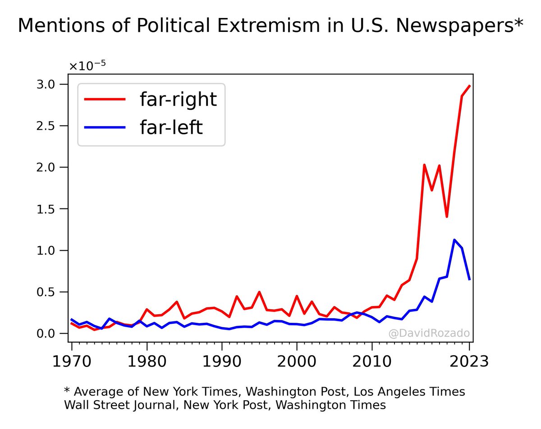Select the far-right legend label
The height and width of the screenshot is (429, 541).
[x=178, y=99]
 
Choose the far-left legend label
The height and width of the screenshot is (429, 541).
[x=171, y=128]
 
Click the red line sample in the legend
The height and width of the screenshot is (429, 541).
[x=105, y=99]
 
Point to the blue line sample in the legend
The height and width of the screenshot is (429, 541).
[x=105, y=128]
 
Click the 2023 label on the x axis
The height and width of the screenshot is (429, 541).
[x=469, y=361]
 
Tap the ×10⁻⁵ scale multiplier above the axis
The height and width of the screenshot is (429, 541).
[x=87, y=66]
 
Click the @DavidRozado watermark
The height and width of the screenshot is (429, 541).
[x=429, y=334]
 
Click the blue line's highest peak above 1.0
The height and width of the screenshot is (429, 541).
[x=454, y=240]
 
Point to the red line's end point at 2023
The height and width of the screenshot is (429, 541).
[x=469, y=86]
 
